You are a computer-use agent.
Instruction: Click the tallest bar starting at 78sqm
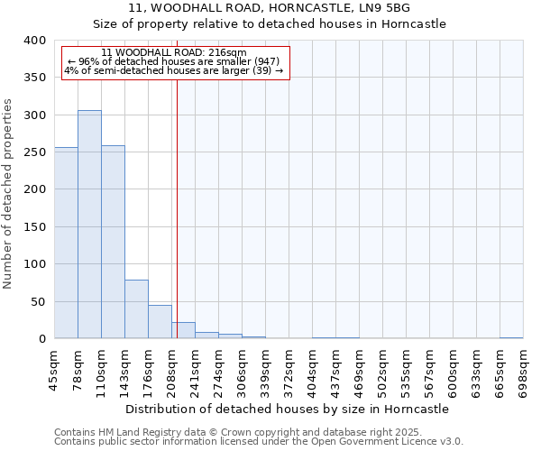coord(89,225)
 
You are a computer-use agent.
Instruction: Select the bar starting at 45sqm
coord(66,244)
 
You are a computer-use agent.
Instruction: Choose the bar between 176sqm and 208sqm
coord(160,322)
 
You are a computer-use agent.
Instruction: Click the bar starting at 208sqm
coord(183,331)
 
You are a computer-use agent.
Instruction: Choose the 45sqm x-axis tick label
coord(54,369)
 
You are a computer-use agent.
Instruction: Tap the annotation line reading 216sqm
coord(174,53)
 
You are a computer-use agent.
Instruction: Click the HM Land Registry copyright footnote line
coord(238,432)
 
